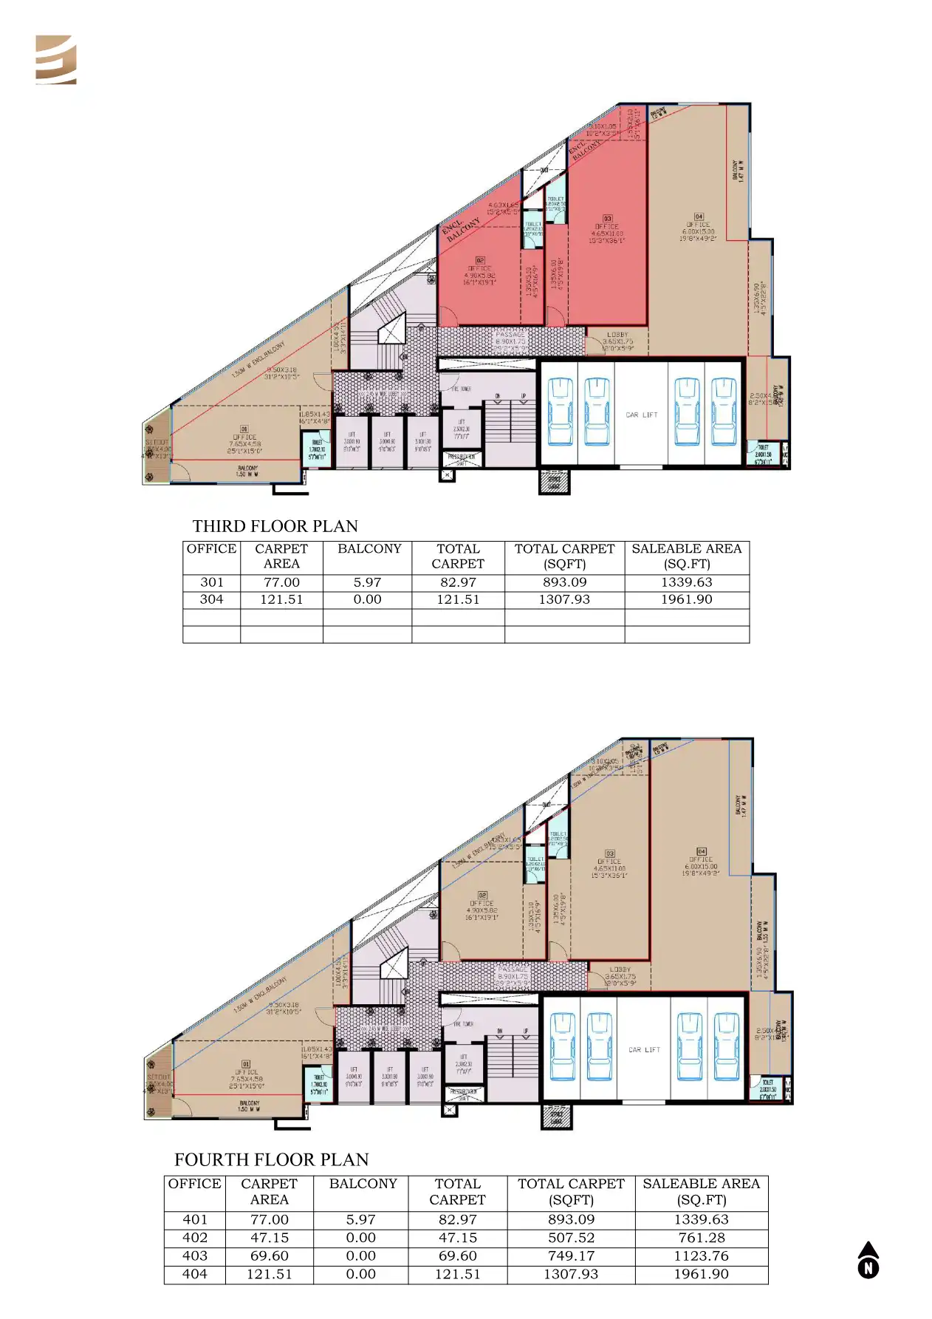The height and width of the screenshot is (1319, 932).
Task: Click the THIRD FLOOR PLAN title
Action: pos(275,526)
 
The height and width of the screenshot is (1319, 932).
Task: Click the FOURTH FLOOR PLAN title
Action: pos(271,1159)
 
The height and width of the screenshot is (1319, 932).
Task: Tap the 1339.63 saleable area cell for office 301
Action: pos(686,582)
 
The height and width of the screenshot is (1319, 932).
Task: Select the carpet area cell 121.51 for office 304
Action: pos(281,599)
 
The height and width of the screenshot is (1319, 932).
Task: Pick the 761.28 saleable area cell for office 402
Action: pos(701,1238)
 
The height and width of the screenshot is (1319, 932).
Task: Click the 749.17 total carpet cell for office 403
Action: pos(571,1255)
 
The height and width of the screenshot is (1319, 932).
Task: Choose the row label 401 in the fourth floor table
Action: pos(195,1220)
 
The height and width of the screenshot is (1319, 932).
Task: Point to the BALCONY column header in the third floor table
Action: pos(369,549)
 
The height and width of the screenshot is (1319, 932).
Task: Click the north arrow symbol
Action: pos(868,1260)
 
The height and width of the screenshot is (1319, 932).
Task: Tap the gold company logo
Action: pos(56,60)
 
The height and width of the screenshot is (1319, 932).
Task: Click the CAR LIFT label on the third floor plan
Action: pos(641,415)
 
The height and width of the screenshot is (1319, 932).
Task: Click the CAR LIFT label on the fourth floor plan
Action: pos(644,1049)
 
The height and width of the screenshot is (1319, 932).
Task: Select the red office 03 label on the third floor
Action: pos(607,229)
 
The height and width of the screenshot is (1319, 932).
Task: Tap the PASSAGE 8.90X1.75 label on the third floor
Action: pos(510,338)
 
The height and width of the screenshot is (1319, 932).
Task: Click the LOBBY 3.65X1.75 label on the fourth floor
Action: pos(620,974)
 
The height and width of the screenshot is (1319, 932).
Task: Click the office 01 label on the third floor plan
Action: pos(244,439)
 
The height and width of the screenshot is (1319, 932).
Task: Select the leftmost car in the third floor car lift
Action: pos(561,412)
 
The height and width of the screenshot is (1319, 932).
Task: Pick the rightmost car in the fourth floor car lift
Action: pos(727,1046)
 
